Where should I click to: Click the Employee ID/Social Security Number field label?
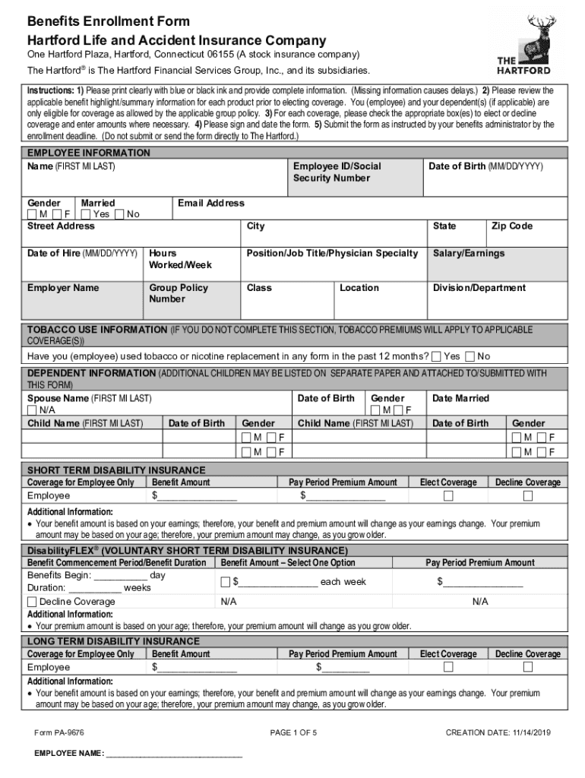point(337,172)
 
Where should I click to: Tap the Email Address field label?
point(210,204)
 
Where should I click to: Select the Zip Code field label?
point(512,226)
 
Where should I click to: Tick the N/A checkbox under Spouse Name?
point(33,410)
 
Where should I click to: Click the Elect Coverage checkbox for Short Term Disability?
point(448,496)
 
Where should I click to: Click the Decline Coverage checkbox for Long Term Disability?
point(528,667)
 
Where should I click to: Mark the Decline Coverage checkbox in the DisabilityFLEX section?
point(32,602)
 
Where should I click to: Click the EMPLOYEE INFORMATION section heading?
point(89,153)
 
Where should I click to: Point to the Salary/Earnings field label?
point(468,254)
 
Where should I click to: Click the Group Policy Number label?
point(179,293)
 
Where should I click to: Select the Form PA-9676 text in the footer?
point(58,732)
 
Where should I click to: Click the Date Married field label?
point(460,399)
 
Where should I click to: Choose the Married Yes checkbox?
point(85,215)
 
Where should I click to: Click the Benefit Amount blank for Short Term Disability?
point(197,497)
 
